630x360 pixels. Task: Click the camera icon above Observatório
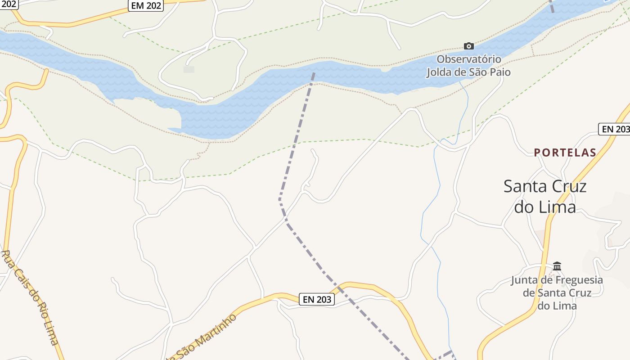coord(468,46)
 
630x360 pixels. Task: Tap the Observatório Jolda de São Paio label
coord(468,66)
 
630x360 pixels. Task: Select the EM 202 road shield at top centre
coord(146,5)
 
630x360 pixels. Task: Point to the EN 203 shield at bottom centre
coord(317,299)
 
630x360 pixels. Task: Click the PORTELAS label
coord(565,153)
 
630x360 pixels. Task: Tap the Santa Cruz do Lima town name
coord(545,197)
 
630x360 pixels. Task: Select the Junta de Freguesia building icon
coord(557,266)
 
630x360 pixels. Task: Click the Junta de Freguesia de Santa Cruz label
coord(557,292)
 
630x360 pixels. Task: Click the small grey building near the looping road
coord(189,69)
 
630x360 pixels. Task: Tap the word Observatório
coord(468,59)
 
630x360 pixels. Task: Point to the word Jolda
coord(441,72)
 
